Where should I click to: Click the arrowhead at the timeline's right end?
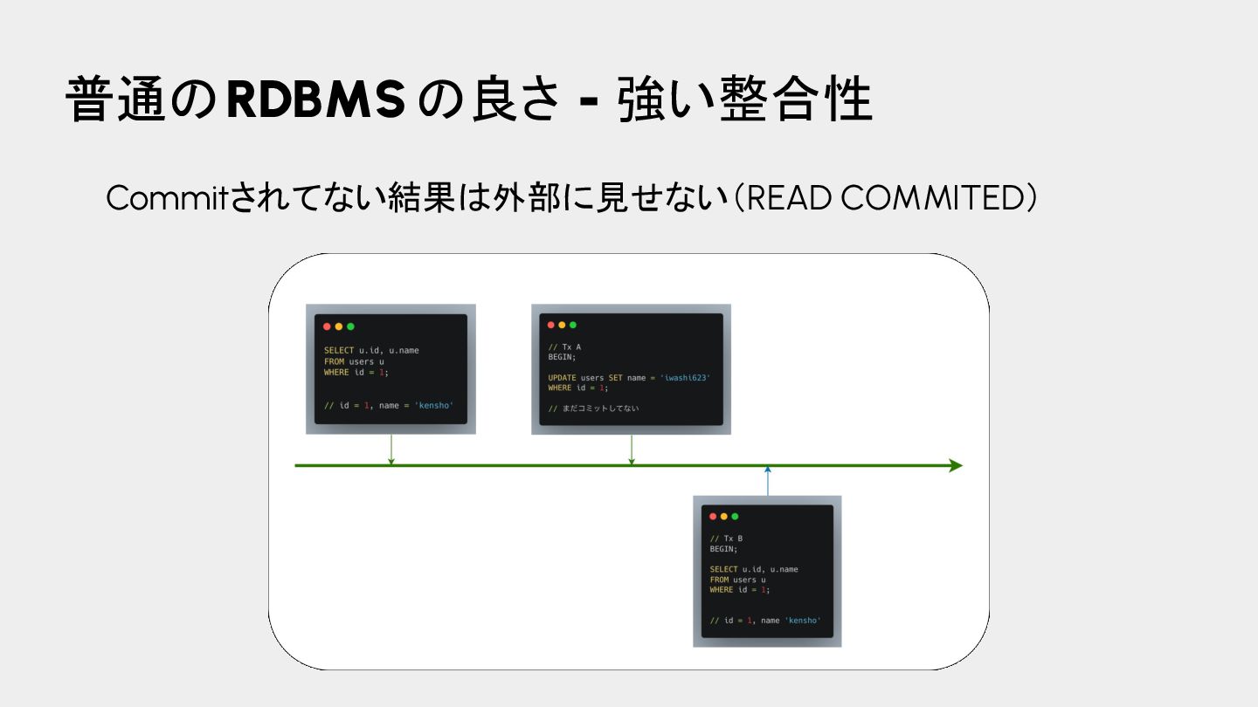coord(955,466)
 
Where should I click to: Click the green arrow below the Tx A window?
coord(632,450)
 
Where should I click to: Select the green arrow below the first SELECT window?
coord(391,450)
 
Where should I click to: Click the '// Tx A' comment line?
coord(564,347)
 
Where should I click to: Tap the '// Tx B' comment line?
coord(726,539)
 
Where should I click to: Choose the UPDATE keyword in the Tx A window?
coord(562,378)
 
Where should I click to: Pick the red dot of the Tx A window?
coord(551,325)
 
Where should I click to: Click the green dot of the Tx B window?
coord(735,517)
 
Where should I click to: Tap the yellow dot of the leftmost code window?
coord(339,326)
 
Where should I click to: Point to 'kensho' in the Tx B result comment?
coord(803,621)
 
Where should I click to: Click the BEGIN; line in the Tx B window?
coord(723,549)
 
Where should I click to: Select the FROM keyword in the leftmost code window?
coord(334,361)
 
